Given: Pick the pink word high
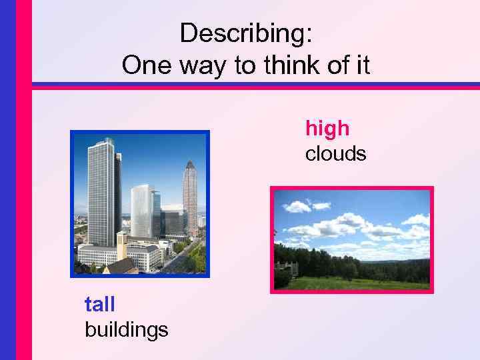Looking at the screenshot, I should [327, 127].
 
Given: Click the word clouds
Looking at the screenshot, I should [335, 154].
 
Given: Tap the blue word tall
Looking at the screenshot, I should [99, 305].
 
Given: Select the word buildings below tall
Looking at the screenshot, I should [126, 329].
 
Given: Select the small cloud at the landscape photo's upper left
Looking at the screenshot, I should [297, 206].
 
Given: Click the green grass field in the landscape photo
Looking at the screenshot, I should [360, 283].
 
